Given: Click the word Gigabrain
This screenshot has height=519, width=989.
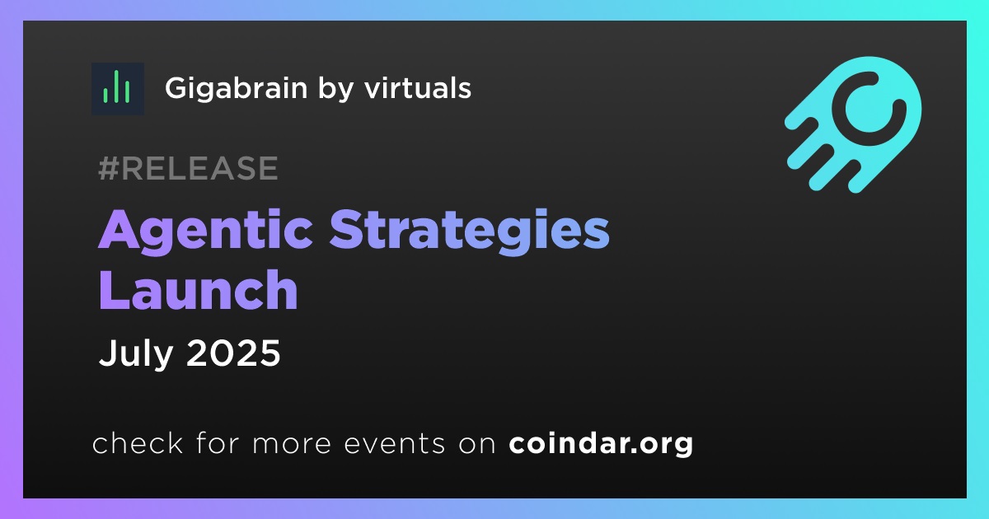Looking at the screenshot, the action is coord(237,89).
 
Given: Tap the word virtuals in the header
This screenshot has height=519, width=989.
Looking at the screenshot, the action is coord(418,87).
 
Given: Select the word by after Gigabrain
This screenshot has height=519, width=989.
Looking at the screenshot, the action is coord(335,90).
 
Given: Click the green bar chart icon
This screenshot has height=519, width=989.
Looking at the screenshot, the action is coord(117,89).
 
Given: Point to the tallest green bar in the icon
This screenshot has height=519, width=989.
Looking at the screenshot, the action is coord(116,86).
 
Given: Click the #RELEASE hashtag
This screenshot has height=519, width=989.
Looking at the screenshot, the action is coord(188,168).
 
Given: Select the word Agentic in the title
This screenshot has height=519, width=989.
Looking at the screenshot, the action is coord(205,231).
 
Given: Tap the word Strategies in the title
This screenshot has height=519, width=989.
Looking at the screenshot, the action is coord(469,231).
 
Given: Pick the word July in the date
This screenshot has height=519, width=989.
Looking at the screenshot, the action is coord(135,354).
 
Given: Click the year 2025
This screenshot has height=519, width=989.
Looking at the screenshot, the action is coord(233,353).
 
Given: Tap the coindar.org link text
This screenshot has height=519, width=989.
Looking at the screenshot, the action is coord(601,444).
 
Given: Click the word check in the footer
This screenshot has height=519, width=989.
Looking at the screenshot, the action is coord(138,442).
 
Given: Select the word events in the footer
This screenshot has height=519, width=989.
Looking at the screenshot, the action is coord(394,443).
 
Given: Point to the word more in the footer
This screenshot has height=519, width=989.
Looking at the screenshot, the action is coord(292,444).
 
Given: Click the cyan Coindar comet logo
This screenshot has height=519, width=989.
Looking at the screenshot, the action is coord(853,124).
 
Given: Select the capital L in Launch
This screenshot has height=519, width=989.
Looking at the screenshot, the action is coord(114,289).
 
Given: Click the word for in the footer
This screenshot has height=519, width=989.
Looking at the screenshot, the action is coord(218,442).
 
